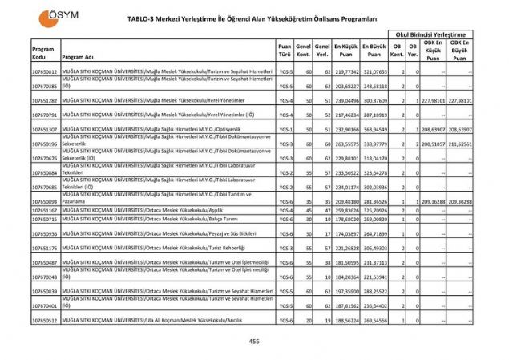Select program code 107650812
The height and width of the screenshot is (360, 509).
(44, 72)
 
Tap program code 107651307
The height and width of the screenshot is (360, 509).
(44, 128)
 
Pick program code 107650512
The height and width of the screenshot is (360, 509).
(44, 319)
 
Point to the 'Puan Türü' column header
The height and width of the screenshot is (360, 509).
(285, 52)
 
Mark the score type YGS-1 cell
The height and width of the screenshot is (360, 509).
(285, 128)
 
